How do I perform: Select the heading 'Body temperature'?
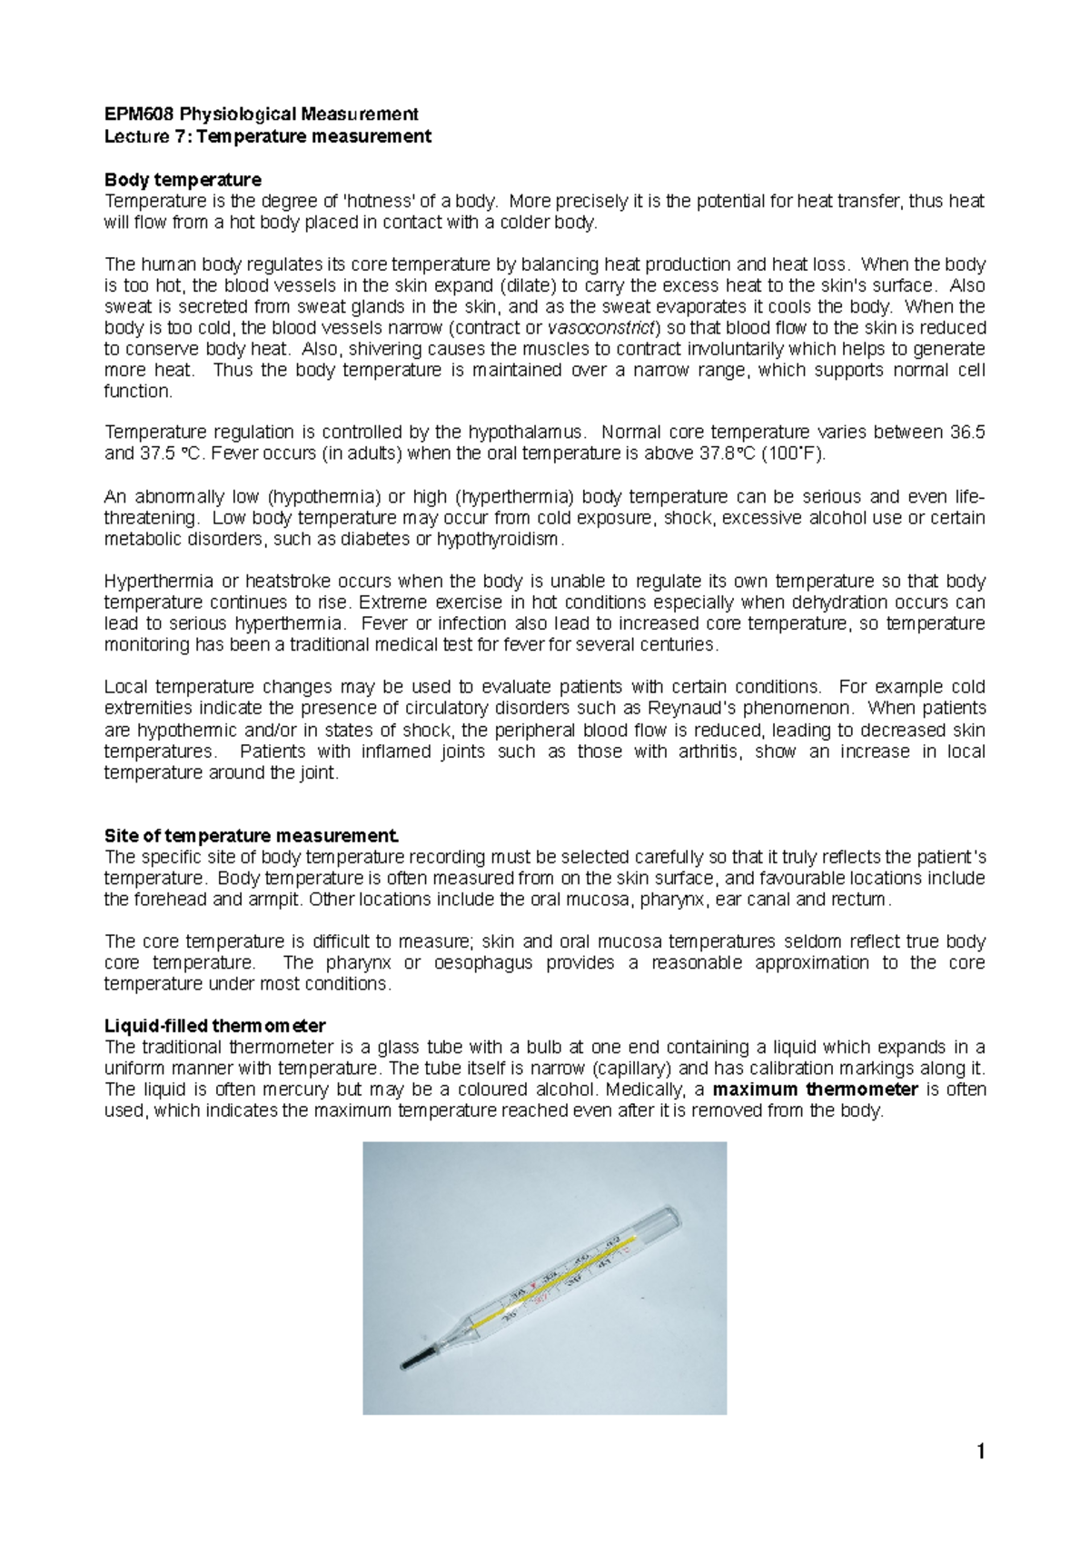183,180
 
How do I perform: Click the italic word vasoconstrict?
602,328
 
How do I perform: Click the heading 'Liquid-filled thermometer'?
214,1026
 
